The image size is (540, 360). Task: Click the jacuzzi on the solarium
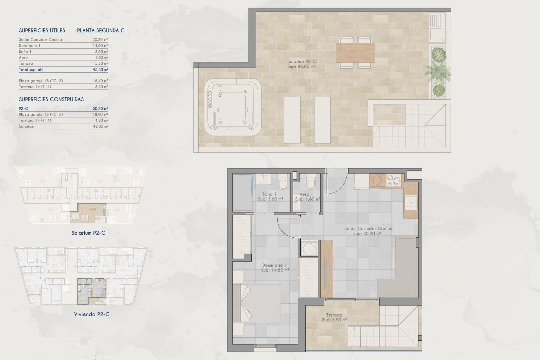click(232, 107)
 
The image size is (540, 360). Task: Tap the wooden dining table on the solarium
click(355, 53)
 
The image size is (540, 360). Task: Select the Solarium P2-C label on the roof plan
click(301, 64)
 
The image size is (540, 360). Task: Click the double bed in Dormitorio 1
click(257, 303)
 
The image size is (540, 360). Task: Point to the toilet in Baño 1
click(282, 182)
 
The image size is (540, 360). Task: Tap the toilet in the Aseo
click(310, 182)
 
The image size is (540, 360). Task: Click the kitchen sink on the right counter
click(411, 202)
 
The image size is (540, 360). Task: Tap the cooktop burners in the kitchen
click(393, 181)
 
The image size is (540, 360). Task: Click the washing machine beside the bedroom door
click(309, 248)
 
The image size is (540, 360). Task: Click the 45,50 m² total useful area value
click(100, 69)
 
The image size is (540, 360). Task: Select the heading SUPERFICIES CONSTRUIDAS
click(51, 99)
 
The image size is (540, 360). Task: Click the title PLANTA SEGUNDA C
click(101, 30)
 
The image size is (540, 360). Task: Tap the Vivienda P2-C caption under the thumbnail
click(92, 314)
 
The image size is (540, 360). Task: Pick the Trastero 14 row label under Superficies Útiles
click(35, 87)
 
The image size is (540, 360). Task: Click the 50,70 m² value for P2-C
click(100, 108)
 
